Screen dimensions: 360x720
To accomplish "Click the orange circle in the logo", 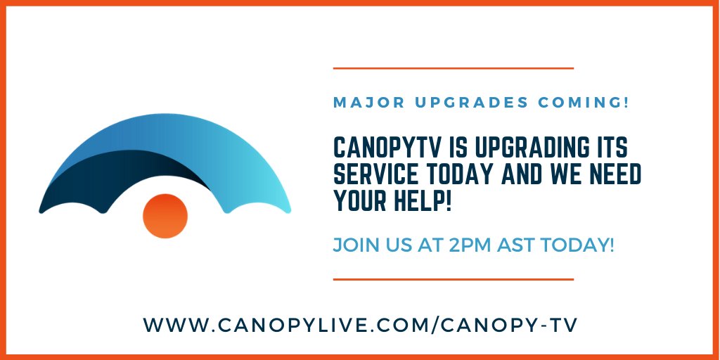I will point(165,215).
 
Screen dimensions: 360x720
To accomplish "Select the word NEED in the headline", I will point(613,176).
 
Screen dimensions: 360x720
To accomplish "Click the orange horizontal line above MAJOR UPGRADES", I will point(454,68).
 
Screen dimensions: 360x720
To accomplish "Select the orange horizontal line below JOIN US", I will point(454,279).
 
